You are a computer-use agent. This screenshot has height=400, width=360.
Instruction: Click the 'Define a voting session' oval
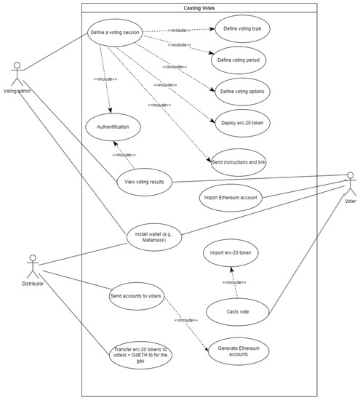116,33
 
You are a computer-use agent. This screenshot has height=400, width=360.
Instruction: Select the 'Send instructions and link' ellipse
237,161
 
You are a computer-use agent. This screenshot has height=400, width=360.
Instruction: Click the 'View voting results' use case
143,182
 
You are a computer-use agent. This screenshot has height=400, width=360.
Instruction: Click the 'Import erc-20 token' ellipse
230,254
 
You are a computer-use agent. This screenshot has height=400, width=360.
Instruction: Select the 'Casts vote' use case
237,311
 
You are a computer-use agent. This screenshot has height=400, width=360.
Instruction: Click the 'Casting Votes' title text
199,8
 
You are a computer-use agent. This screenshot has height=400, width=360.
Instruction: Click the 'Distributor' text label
33,284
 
